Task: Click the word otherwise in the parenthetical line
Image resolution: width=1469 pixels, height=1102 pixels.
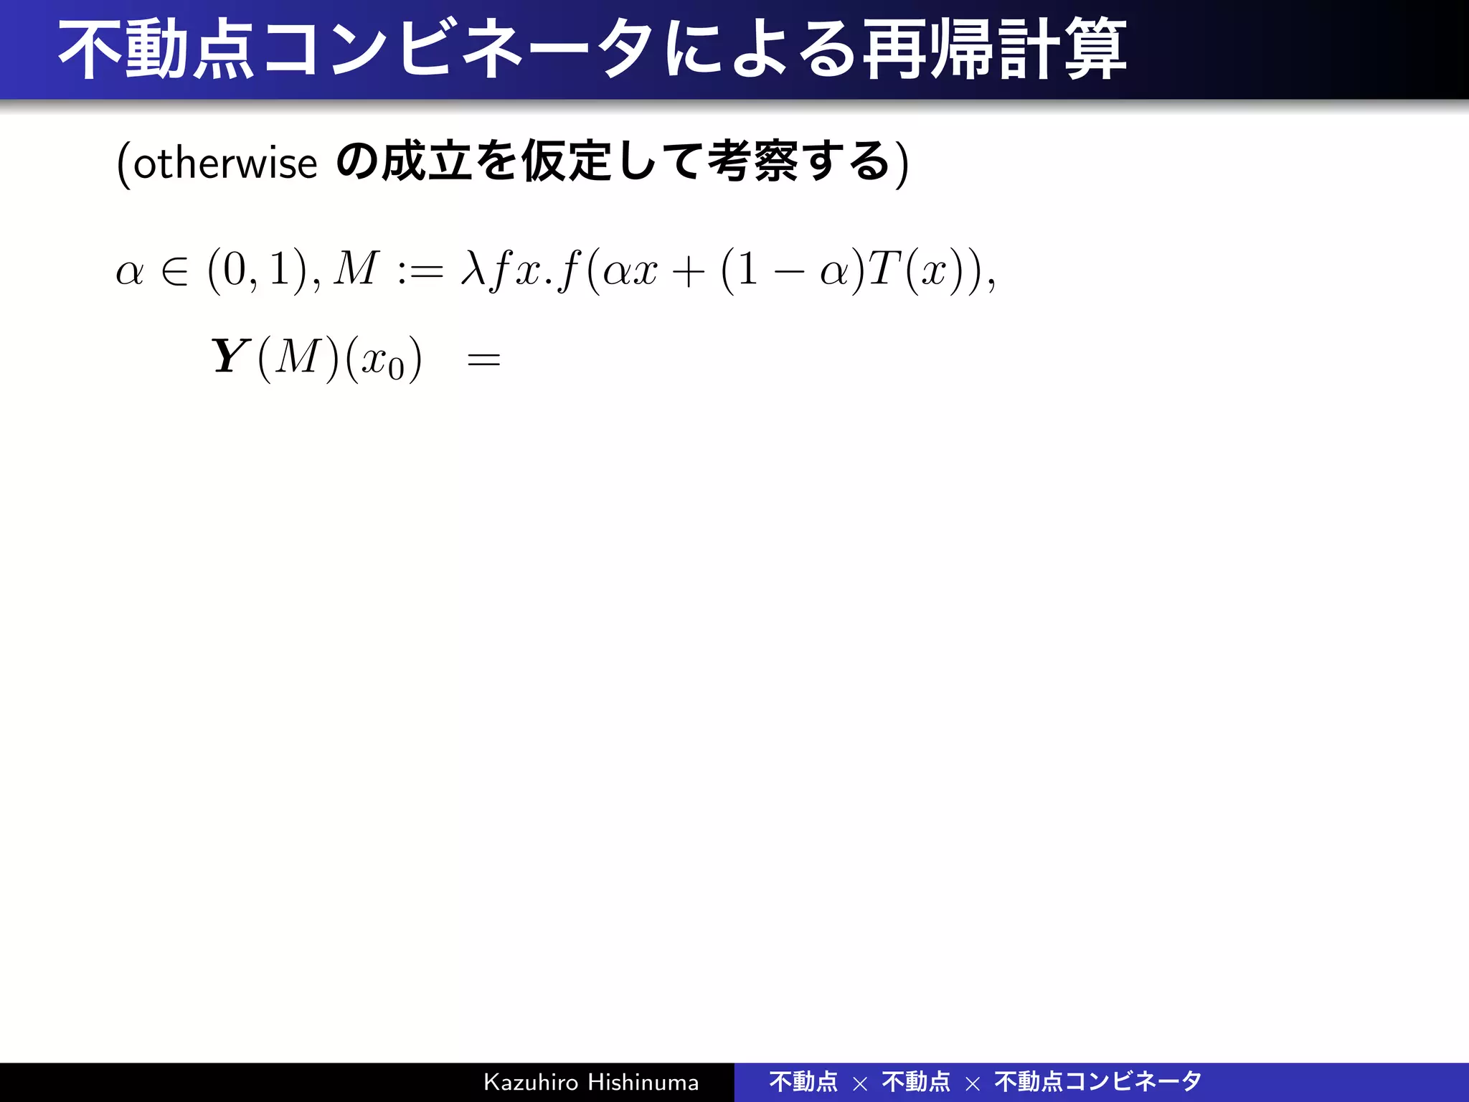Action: point(225,164)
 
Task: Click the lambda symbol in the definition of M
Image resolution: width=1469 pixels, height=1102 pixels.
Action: point(473,270)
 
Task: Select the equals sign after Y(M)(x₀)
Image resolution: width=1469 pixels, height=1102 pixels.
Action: point(483,359)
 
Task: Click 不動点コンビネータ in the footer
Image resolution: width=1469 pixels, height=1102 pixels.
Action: point(1097,1082)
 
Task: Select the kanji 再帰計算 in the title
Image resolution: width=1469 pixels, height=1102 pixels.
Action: point(994,50)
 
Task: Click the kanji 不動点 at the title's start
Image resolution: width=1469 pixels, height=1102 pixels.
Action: point(156,50)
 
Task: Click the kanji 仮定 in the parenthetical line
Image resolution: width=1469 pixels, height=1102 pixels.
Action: point(567,161)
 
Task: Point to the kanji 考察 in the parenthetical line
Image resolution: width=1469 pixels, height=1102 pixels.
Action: point(752,161)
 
